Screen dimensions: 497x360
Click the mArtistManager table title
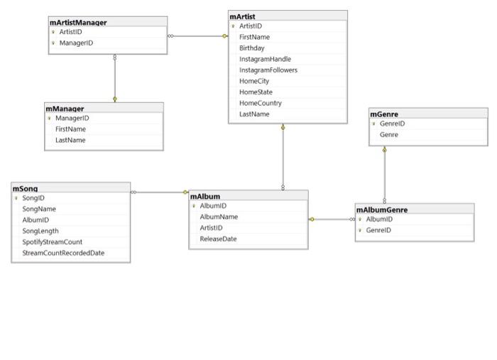tap(78, 23)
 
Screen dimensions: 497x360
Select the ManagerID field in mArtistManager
tap(76, 43)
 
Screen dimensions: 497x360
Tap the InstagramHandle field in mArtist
tap(265, 59)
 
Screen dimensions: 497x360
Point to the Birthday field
tap(251, 48)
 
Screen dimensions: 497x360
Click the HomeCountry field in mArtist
tap(261, 103)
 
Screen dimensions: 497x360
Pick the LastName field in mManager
tap(70, 140)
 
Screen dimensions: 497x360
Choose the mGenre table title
tap(384, 114)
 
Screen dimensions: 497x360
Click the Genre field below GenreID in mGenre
tap(389, 135)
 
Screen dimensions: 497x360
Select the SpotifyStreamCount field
tap(53, 242)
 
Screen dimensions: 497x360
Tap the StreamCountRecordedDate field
tap(63, 253)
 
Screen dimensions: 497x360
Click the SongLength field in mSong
tap(40, 231)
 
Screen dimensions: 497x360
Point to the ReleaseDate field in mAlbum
tap(218, 239)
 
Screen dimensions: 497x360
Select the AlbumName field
tap(219, 217)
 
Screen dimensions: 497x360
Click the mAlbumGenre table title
tap(382, 209)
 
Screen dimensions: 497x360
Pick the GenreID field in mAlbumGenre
tap(378, 230)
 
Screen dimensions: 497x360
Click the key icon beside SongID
tap(16, 198)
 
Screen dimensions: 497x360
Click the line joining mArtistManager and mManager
tap(115, 78)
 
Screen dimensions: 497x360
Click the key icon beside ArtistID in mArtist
tap(234, 26)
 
